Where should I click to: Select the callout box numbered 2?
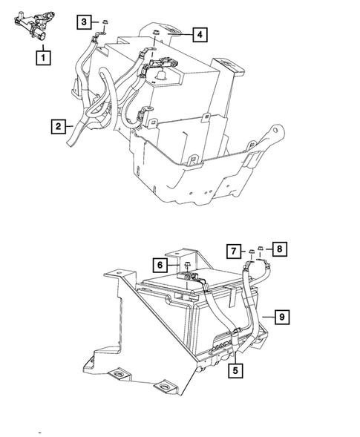[57, 126]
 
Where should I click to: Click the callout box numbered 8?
[280, 249]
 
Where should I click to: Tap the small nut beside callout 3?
[105, 23]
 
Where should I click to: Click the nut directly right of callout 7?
[251, 252]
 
